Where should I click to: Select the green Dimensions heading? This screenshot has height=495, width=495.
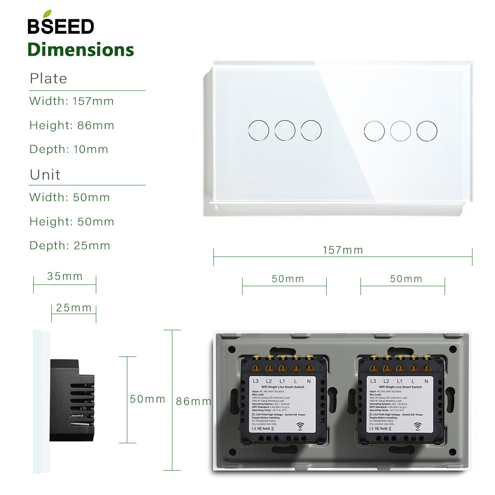point(81,49)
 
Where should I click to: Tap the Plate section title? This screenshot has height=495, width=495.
point(48,78)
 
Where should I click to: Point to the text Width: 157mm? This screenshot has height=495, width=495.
point(72,101)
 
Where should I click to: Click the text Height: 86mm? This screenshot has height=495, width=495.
point(72,126)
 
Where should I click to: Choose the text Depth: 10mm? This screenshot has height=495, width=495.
point(69,149)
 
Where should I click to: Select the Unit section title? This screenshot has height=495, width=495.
point(45,175)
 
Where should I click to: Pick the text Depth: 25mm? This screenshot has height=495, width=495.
point(70,246)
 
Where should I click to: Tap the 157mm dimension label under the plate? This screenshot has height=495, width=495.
point(343,250)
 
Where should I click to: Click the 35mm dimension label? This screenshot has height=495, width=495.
point(65,276)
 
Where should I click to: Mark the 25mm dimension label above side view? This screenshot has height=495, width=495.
point(74,308)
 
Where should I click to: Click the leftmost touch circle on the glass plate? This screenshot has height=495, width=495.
point(258,130)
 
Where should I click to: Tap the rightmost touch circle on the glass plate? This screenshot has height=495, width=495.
point(427,130)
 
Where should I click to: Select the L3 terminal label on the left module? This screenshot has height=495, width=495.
point(256,381)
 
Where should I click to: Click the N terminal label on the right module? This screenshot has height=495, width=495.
point(426,381)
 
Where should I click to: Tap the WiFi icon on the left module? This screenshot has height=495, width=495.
point(300,425)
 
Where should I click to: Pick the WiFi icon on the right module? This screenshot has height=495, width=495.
point(418,425)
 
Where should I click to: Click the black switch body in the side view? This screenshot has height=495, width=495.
point(72,400)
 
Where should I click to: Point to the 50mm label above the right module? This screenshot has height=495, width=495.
point(406,279)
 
